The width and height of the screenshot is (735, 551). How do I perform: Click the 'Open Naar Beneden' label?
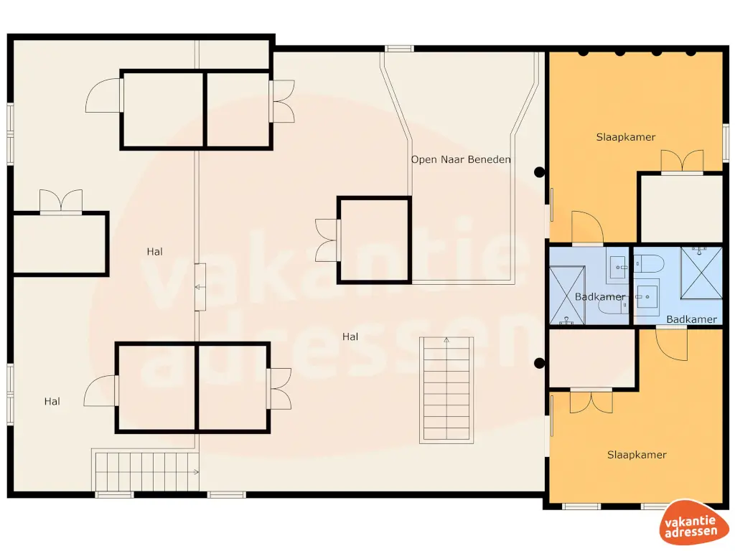tap(461, 159)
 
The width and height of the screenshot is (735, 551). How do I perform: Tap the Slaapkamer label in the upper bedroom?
tap(626, 137)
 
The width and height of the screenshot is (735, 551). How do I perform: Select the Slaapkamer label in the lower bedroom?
tap(637, 455)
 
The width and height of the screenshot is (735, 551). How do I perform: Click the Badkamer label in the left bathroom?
tap(599, 296)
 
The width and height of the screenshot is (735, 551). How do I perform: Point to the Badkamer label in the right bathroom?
tap(691, 319)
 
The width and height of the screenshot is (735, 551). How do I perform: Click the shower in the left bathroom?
tap(567, 295)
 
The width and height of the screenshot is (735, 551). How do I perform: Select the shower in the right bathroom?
tap(701, 272)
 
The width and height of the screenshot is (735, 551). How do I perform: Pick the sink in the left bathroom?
tap(617, 266)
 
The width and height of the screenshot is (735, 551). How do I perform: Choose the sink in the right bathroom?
tap(647, 296)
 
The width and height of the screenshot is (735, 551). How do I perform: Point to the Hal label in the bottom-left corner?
tap(52, 402)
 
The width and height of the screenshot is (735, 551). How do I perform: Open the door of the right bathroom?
tap(673, 344)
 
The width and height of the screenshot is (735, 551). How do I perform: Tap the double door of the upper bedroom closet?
tap(681, 161)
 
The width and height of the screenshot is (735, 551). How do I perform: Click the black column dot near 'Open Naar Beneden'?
tap(539, 172)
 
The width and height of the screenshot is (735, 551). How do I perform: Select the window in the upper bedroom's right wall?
tap(724, 141)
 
